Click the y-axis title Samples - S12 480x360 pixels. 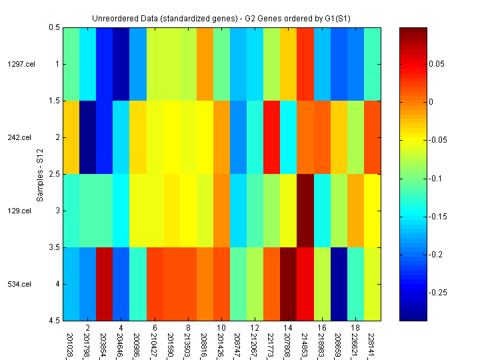[39, 174]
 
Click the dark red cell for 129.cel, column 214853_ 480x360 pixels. [305, 211]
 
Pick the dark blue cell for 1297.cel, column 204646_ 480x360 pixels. [121, 64]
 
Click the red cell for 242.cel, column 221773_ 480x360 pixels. [272, 137]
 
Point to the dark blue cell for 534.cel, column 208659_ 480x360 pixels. [339, 284]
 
